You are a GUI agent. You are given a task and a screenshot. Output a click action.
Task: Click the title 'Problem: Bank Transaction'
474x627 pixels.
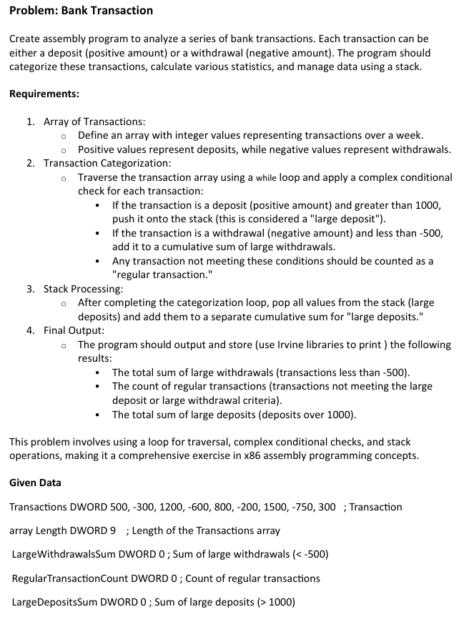[81, 10]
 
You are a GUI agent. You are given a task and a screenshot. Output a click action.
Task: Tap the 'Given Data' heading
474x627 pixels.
[35, 483]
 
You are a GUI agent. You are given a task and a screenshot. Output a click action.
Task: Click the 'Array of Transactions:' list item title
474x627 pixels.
[94, 122]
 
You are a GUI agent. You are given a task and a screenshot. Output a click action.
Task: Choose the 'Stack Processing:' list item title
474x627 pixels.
[84, 289]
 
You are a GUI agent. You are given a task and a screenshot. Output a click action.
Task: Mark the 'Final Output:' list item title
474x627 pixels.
[74, 330]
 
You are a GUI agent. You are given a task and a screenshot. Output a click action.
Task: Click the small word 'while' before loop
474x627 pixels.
[267, 177]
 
